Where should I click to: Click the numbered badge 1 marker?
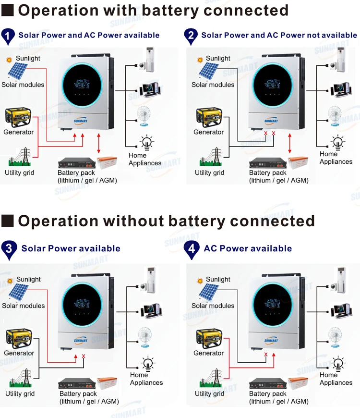(8, 36)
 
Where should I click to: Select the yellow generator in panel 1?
(18, 118)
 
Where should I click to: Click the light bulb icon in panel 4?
(339, 363)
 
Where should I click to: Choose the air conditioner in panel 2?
(341, 60)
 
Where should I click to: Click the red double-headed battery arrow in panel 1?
(99, 144)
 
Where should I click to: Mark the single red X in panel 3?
(84, 356)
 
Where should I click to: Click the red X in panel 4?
(265, 355)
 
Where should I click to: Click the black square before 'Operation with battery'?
(8, 10)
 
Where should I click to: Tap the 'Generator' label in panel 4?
(209, 353)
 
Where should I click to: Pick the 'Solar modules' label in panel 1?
(23, 85)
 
